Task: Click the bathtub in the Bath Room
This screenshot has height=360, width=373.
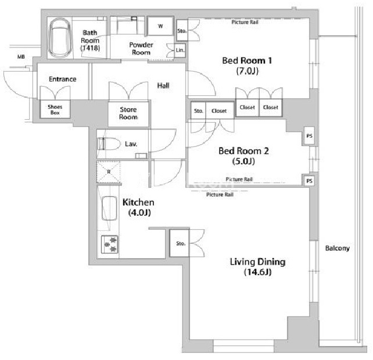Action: [x=59, y=38]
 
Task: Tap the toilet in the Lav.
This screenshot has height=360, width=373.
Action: [x=109, y=144]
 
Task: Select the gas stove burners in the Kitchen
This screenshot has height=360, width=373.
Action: [x=110, y=244]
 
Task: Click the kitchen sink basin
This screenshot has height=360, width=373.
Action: [x=109, y=208]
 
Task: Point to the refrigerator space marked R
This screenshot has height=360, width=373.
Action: [x=109, y=172]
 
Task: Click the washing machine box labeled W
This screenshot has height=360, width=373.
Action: [x=160, y=26]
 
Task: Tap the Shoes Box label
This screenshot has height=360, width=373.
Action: [x=55, y=109]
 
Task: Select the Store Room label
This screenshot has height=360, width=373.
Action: [x=128, y=113]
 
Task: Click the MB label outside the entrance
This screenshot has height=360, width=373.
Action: [x=21, y=57]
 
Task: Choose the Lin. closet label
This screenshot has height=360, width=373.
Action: [x=180, y=50]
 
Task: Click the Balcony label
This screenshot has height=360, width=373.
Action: [x=338, y=248]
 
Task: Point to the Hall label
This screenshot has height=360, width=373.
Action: [x=163, y=85]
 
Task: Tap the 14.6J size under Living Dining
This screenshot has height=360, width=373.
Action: [x=257, y=272]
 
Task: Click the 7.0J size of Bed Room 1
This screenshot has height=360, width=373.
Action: [x=247, y=71]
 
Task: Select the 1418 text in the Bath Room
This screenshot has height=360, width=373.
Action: [x=90, y=48]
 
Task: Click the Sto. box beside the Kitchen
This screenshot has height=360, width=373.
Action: [x=180, y=243]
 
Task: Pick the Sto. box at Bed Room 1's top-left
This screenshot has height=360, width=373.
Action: [x=182, y=30]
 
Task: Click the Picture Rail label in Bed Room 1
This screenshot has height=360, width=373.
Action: [x=245, y=22]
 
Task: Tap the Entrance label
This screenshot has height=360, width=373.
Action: [x=63, y=79]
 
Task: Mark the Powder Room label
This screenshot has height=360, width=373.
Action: [x=141, y=49]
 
